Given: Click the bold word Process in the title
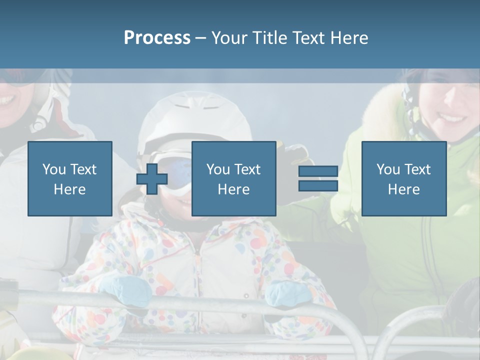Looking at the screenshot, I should (157, 38).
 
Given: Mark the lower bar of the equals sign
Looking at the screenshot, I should (318, 186).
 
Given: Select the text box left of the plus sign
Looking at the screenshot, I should (69, 178).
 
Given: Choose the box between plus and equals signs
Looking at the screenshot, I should (233, 178).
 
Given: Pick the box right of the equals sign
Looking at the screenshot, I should (403, 178).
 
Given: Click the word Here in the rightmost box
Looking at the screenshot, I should (403, 189).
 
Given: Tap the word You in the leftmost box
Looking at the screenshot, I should (53, 169).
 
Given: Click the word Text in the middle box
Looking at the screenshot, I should (248, 169).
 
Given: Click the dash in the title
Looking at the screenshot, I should (200, 38).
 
